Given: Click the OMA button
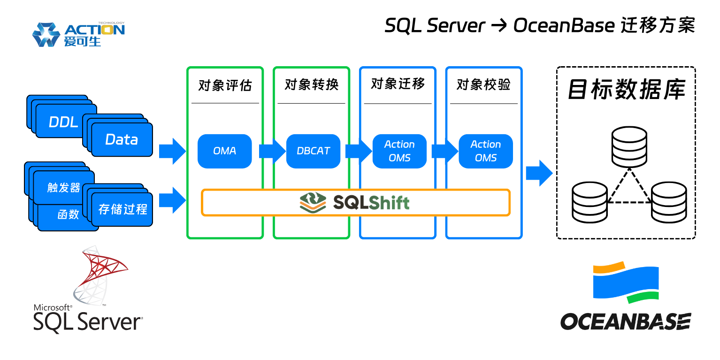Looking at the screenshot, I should click(224, 151).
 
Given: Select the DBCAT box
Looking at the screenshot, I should click(313, 151).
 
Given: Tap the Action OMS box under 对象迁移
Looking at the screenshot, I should click(399, 151).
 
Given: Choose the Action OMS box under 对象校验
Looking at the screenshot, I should click(485, 151).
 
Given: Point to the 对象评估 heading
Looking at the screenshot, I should click(225, 85).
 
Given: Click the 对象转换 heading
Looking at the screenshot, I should click(312, 84).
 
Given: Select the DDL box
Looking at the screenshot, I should click(63, 122).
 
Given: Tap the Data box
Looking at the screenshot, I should click(122, 139).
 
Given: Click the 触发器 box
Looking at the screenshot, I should click(64, 188).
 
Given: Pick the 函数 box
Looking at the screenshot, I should click(68, 214).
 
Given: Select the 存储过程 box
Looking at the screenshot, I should click(123, 209).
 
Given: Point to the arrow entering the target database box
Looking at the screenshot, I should click(539, 173).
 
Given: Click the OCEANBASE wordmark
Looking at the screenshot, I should click(625, 322).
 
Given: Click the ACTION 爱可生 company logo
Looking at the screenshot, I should click(78, 34).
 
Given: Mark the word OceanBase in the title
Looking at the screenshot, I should click(563, 25).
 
